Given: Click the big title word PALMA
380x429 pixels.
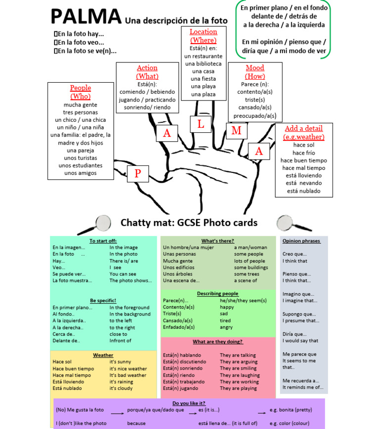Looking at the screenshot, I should pyautogui.click(x=86, y=17).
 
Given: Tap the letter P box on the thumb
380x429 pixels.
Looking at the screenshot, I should pyautogui.click(x=138, y=173).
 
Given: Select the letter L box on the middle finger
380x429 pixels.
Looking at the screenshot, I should pyautogui.click(x=200, y=123).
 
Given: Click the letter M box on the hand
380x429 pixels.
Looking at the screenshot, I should pyautogui.click(x=236, y=130).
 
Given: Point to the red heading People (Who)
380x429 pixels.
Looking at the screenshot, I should pyautogui.click(x=80, y=92).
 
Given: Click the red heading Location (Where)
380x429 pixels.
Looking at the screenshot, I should pyautogui.click(x=203, y=36).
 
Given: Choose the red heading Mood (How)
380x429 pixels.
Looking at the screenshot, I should pyautogui.click(x=255, y=72).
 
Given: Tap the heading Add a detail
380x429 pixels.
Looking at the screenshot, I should pyautogui.click(x=304, y=132).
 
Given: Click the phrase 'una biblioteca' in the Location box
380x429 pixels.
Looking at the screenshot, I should pyautogui.click(x=203, y=64).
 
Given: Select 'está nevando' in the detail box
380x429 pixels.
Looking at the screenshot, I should pyautogui.click(x=304, y=183).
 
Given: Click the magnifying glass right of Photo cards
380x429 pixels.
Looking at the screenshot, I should pyautogui.click(x=287, y=223).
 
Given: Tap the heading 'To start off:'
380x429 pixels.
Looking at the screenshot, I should pyautogui.click(x=103, y=241).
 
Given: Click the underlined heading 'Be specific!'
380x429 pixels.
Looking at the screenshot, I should pyautogui.click(x=103, y=300).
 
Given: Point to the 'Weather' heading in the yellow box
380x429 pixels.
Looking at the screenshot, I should pyautogui.click(x=103, y=355).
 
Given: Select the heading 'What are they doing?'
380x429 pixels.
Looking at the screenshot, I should pyautogui.click(x=218, y=341).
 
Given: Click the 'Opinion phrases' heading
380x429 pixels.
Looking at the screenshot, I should pyautogui.click(x=301, y=241).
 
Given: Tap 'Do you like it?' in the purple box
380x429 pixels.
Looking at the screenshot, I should pyautogui.click(x=189, y=403).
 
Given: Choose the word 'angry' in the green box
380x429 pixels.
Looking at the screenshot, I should pyautogui.click(x=226, y=327).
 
